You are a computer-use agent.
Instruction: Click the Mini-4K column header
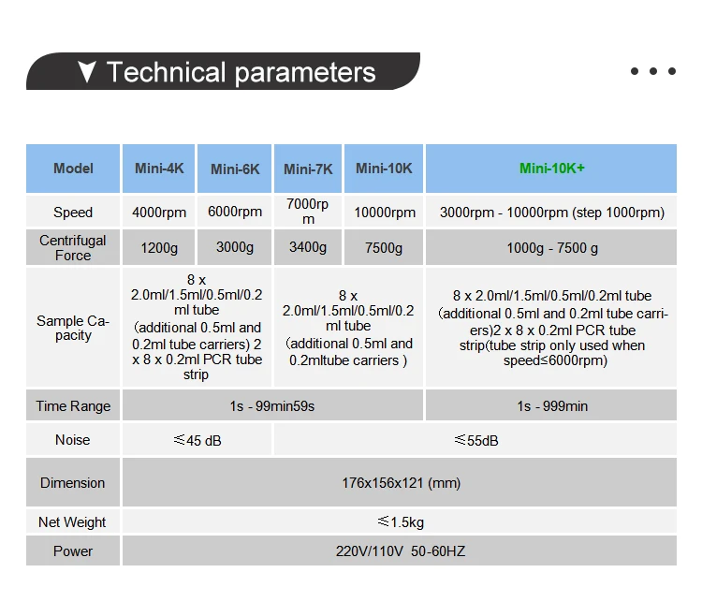(x=159, y=169)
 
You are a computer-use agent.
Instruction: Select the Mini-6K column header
(x=235, y=169)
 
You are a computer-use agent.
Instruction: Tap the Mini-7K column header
(x=308, y=169)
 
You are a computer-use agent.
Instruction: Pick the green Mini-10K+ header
(x=551, y=169)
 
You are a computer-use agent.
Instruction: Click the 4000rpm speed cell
(x=159, y=213)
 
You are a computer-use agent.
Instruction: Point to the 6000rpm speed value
(x=235, y=212)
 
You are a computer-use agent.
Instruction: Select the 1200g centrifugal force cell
(x=159, y=248)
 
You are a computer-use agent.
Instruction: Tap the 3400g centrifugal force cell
(x=308, y=247)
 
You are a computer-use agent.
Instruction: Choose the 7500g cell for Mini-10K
(x=384, y=248)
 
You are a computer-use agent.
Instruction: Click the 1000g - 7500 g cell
(x=552, y=248)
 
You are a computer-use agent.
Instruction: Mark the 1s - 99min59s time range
(x=272, y=406)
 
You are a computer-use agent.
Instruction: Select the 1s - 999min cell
(x=552, y=406)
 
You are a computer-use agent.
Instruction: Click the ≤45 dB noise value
(x=197, y=440)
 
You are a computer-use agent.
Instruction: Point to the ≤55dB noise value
(x=476, y=440)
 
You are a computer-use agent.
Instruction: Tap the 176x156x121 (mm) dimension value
(x=402, y=483)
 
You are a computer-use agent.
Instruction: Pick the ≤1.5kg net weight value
(x=401, y=521)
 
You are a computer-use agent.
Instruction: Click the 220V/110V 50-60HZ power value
(x=401, y=551)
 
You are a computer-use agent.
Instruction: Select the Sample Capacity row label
(x=73, y=329)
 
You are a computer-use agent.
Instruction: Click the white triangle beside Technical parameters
(x=86, y=72)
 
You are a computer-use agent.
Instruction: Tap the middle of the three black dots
(x=653, y=71)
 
